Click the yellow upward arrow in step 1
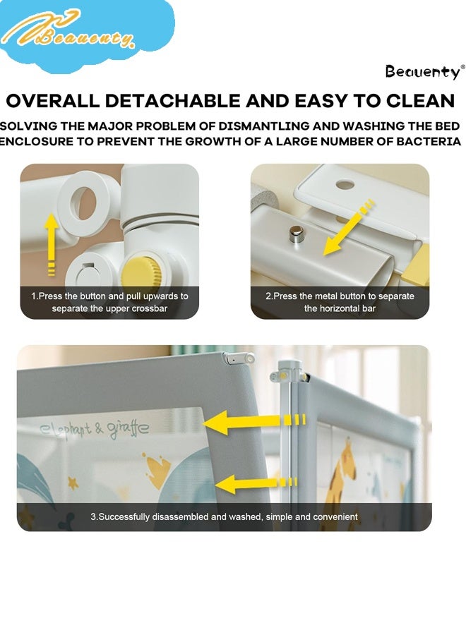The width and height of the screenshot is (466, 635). (51, 244)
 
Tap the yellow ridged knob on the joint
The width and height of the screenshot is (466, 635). (143, 272)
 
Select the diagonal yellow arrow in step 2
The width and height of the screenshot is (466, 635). (347, 229)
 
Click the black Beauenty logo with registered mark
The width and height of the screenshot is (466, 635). (423, 72)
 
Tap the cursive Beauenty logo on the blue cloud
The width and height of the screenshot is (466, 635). (69, 32)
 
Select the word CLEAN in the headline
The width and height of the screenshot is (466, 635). (421, 101)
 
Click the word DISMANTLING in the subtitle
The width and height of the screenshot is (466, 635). (264, 126)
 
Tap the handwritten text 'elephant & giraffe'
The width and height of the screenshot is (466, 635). (95, 429)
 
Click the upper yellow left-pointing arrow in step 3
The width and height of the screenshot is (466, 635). (253, 423)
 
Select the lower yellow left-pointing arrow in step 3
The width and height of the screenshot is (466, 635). (256, 483)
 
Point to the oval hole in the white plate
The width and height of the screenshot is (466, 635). (345, 185)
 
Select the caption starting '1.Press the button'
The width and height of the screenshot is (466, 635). (110, 302)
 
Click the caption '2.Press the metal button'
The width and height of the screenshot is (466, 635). (340, 302)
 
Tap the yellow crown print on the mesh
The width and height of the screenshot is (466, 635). (155, 470)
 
